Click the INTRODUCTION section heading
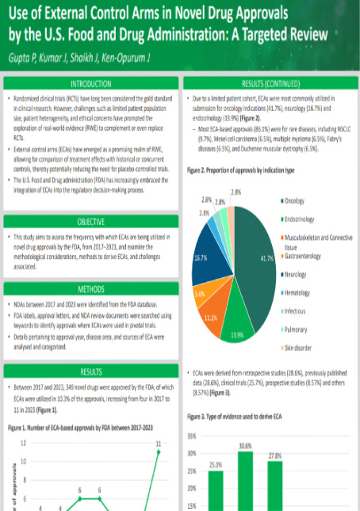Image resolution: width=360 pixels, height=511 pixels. pos(90,83)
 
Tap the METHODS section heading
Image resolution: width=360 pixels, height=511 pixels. pos(90,289)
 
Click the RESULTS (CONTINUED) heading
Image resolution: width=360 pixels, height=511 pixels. pos(270,83)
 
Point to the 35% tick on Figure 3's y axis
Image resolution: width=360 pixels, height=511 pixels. pos(193,437)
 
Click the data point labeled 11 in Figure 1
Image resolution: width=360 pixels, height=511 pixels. pos(159,452)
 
